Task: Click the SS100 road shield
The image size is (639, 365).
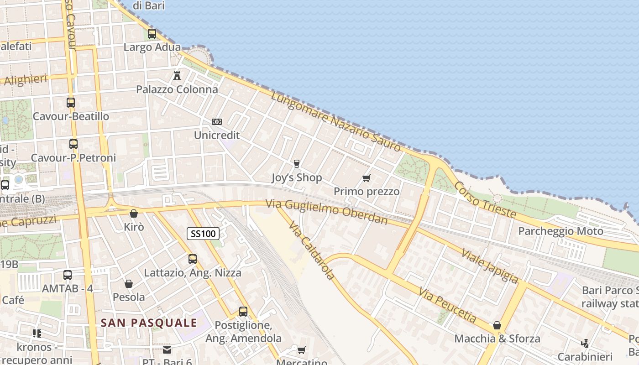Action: pos(203,234)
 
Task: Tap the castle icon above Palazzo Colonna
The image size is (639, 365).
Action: pos(177,75)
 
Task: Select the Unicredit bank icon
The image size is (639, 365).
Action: pos(217,122)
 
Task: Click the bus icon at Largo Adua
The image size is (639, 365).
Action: pos(152,34)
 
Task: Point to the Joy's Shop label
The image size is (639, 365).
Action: pos(297,177)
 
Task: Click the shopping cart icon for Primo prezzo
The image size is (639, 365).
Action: pos(366,178)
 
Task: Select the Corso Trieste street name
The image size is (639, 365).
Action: pos(485,200)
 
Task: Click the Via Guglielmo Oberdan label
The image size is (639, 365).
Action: pos(327,213)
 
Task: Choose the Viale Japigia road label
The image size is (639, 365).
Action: pos(490,266)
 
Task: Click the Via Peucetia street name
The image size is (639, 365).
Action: pos(447,305)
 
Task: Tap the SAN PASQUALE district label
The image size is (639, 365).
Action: pos(149,323)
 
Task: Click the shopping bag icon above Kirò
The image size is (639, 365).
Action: pos(134,214)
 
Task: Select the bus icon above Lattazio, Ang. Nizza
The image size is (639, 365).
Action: pos(193,259)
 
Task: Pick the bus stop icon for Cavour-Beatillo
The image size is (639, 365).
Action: pos(71,103)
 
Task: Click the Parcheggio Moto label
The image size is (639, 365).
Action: pos(560,231)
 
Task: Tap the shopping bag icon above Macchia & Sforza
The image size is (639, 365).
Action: pos(497,325)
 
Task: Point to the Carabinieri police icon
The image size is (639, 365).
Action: pos(585,343)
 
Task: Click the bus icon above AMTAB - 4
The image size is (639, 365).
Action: pos(68,275)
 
